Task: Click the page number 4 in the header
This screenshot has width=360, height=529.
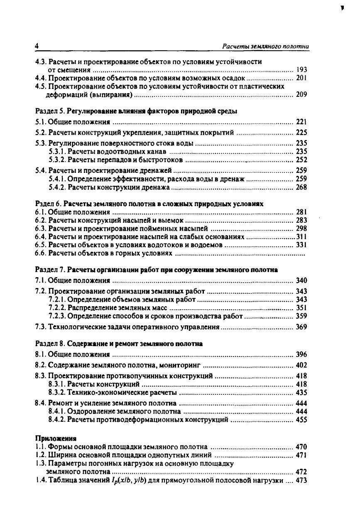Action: [x=37, y=46]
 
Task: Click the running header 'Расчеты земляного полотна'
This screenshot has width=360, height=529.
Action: [x=266, y=46]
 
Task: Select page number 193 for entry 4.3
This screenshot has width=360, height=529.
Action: [x=301, y=70]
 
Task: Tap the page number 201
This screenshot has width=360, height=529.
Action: [x=301, y=78]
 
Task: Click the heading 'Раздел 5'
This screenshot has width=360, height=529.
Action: [x=49, y=111]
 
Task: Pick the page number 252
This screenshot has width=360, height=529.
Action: [x=301, y=160]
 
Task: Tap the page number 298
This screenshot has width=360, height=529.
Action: [x=301, y=229]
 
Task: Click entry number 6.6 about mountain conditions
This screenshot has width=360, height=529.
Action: [x=40, y=253]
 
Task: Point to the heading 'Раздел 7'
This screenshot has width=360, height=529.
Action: [x=49, y=270]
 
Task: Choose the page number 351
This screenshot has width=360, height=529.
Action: [x=301, y=308]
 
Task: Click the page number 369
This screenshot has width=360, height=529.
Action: [x=301, y=327]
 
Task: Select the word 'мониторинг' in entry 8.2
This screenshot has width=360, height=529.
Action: [x=182, y=365]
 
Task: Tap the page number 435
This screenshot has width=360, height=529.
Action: [x=301, y=392]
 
